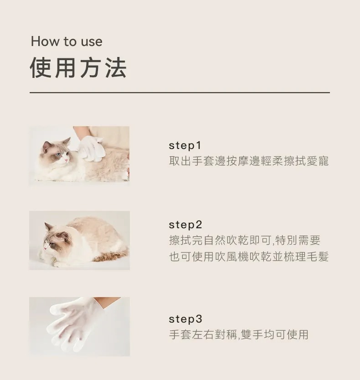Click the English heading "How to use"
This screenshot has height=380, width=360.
click(x=67, y=42)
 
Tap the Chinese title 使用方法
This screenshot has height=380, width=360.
click(x=78, y=68)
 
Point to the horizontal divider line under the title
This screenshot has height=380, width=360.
click(x=180, y=92)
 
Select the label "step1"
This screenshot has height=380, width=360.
click(x=185, y=146)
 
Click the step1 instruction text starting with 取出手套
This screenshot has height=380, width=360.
click(x=249, y=161)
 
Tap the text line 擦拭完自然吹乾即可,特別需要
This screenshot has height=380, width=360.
click(x=245, y=241)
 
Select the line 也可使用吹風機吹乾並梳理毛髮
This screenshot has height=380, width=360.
click(x=249, y=257)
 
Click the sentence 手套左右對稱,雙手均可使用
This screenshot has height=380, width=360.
click(x=239, y=335)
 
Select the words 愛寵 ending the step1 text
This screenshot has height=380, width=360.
click(x=318, y=161)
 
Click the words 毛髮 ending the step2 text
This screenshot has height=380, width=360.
click(x=318, y=257)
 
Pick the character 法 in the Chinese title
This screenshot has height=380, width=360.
click(x=115, y=68)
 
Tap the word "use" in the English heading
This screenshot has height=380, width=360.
click(x=92, y=42)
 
